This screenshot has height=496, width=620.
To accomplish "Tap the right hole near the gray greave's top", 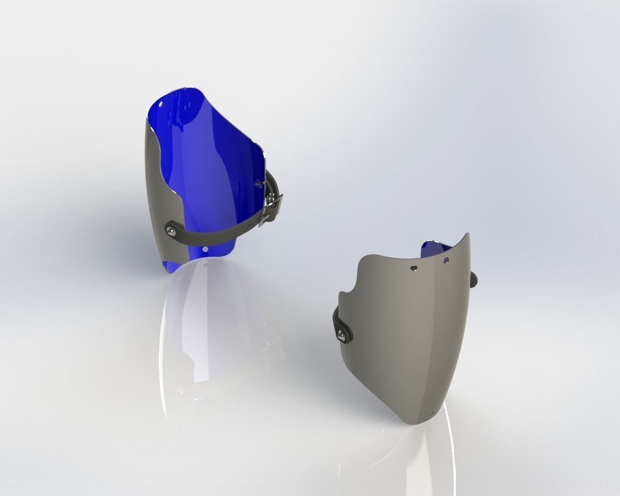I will pyautogui.click(x=446, y=260).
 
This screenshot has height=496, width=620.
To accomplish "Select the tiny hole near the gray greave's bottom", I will pyautogui.click(x=433, y=413).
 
